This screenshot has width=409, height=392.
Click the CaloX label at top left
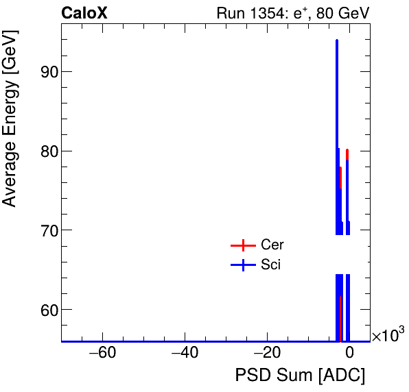84,13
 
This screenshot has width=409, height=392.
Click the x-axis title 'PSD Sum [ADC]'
300,376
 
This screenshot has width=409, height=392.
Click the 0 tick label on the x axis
349,354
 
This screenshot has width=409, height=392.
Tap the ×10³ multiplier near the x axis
388,336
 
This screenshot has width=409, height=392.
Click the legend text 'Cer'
272,245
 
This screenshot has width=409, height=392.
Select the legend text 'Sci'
270,265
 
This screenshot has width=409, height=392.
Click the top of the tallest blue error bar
337,40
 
